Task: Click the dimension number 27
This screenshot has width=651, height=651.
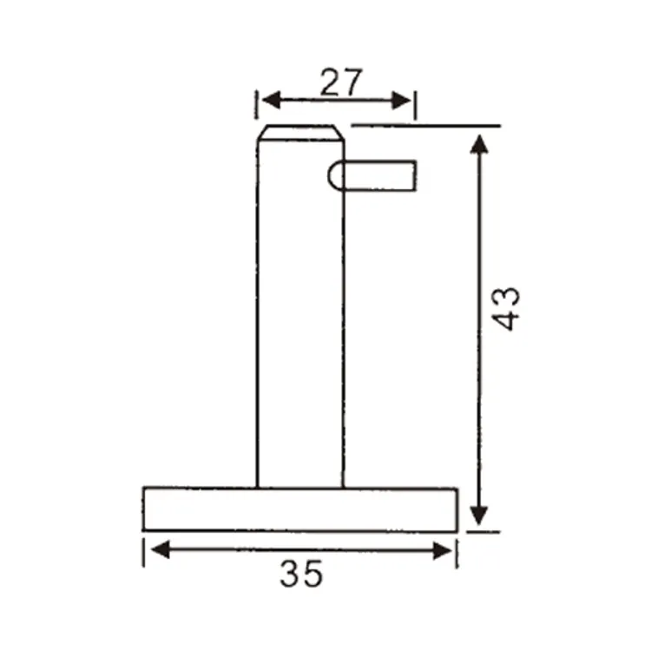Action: click(x=341, y=82)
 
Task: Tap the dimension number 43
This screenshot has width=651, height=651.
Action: click(x=505, y=309)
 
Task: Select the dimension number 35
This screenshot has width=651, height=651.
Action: click(x=301, y=574)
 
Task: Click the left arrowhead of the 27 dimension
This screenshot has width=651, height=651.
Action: click(x=271, y=101)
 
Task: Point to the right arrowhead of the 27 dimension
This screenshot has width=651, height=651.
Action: click(x=402, y=101)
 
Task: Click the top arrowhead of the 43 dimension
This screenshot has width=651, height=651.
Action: click(x=479, y=144)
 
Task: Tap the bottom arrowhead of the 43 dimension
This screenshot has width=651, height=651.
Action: click(x=479, y=516)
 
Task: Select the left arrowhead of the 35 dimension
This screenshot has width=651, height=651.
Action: click(x=161, y=549)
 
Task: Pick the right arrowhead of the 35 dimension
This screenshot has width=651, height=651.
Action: click(x=442, y=551)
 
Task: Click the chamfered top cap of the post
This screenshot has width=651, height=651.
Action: click(x=300, y=133)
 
